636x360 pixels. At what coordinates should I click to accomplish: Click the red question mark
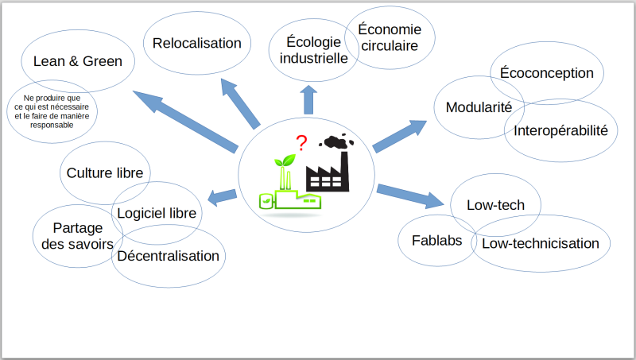pyautogui.click(x=301, y=143)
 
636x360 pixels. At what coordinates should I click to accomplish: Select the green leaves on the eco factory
pyautogui.click(x=285, y=161)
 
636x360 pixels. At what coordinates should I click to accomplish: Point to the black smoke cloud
pyautogui.click(x=336, y=141)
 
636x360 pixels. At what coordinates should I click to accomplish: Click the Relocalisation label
pyautogui.click(x=196, y=43)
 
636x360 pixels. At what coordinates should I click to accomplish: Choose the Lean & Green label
pyautogui.click(x=77, y=61)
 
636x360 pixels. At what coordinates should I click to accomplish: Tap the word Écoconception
pyautogui.click(x=546, y=73)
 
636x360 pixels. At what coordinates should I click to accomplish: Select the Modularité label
pyautogui.click(x=479, y=107)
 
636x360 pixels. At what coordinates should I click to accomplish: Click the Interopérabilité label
pyautogui.click(x=560, y=130)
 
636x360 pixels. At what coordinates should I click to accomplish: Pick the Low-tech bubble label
pyautogui.click(x=495, y=205)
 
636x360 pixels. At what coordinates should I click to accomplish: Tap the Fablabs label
pyautogui.click(x=436, y=241)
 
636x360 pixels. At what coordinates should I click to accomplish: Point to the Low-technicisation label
pyautogui.click(x=541, y=243)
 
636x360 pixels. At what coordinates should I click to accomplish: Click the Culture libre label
pyautogui.click(x=105, y=173)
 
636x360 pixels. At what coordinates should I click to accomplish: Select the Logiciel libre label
pyautogui.click(x=157, y=213)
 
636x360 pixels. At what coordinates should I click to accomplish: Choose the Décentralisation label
pyautogui.click(x=168, y=256)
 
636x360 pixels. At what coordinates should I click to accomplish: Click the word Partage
pyautogui.click(x=77, y=229)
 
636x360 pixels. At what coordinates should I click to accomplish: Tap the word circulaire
pyautogui.click(x=390, y=46)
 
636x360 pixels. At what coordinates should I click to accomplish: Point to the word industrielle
pyautogui.click(x=313, y=58)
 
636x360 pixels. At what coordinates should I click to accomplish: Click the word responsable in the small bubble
pyautogui.click(x=52, y=126)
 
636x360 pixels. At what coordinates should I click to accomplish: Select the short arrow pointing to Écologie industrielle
pyautogui.click(x=308, y=99)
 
